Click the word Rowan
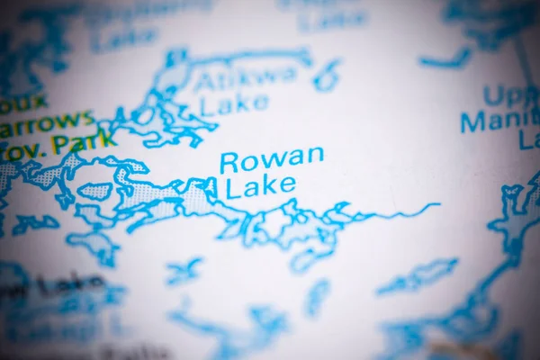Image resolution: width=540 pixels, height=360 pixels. click(272, 159)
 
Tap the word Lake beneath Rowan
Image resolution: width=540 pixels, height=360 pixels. click(260, 186)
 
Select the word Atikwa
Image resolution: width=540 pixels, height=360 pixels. click(247, 77)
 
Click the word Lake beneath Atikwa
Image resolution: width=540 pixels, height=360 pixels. click(234, 105)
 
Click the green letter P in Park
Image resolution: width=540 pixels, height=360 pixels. click(60, 144)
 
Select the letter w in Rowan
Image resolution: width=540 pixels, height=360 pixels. click(272, 159)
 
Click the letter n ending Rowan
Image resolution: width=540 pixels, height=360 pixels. click(315, 155)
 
